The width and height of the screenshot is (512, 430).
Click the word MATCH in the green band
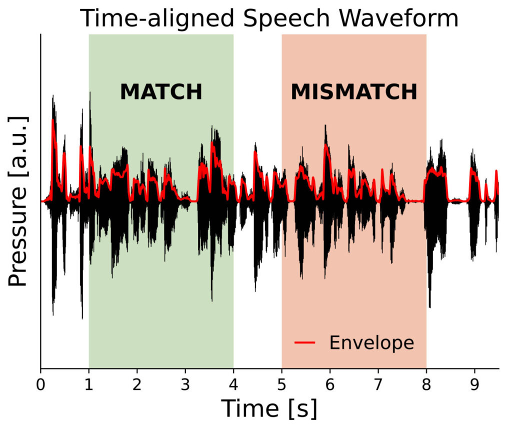tap(161, 92)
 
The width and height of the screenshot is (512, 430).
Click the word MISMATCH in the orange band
tap(354, 92)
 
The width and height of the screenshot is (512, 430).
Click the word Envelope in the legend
tap(371, 342)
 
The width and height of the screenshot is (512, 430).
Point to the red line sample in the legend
tap(305, 343)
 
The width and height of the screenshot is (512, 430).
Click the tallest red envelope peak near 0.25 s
tap(53, 120)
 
